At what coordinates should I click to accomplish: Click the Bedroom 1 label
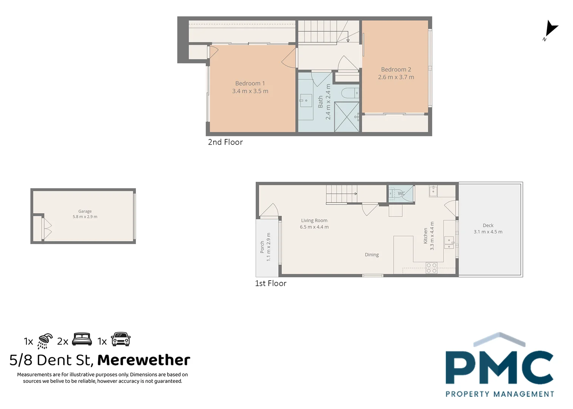pyautogui.click(x=250, y=83)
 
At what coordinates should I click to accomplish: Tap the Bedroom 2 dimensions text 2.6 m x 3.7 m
pyautogui.click(x=396, y=77)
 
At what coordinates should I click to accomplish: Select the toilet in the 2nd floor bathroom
pyautogui.click(x=350, y=93)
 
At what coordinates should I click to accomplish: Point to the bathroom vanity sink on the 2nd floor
pyautogui.click(x=305, y=101)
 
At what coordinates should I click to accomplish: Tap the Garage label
pyautogui.click(x=85, y=211)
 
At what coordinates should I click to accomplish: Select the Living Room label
pyautogui.click(x=314, y=220)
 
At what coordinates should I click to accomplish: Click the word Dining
pyautogui.click(x=372, y=255)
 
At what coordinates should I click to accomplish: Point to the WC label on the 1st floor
pyautogui.click(x=401, y=194)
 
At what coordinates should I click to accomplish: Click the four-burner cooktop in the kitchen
pyautogui.click(x=431, y=268)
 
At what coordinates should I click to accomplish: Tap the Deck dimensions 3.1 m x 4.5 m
pyautogui.click(x=488, y=232)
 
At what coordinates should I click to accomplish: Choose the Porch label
pyautogui.click(x=262, y=247)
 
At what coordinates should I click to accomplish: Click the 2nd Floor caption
pyautogui.click(x=225, y=142)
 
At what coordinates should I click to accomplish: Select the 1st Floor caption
pyautogui.click(x=271, y=284)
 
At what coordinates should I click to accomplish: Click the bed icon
pyautogui.click(x=82, y=339)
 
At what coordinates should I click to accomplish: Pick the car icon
pyautogui.click(x=121, y=339)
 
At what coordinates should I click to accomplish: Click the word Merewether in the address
pyautogui.click(x=144, y=360)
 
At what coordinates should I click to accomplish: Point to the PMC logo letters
pyautogui.click(x=499, y=367)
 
